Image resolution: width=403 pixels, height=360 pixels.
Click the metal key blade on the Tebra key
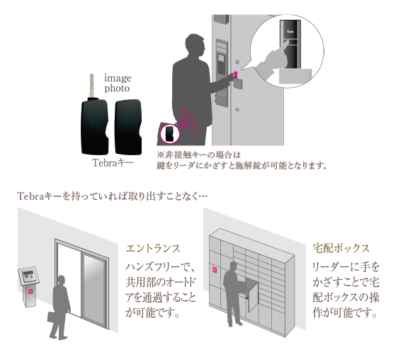coord(91,85)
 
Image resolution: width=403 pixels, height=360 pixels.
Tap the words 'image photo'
coord(118,83)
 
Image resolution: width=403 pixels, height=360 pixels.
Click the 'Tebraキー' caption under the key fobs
coord(113,163)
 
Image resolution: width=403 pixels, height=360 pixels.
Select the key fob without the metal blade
coord(128,127)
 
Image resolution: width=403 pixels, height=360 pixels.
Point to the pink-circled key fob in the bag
coord(169,133)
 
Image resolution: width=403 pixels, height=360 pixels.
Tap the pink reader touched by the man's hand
coord(236,75)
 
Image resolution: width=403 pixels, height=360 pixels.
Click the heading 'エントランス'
coord(153,249)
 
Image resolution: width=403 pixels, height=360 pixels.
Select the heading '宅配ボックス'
coord(341,248)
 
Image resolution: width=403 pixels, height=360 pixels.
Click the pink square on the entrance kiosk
coord(30,291)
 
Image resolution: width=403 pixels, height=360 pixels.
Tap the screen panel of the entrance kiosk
coord(28,276)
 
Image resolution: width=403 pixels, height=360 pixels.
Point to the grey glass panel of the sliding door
coord(94,288)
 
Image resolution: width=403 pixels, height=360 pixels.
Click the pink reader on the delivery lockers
coord(215,270)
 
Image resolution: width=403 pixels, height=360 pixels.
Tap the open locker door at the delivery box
coord(252,296)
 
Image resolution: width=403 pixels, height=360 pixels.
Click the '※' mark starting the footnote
coord(160,154)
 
